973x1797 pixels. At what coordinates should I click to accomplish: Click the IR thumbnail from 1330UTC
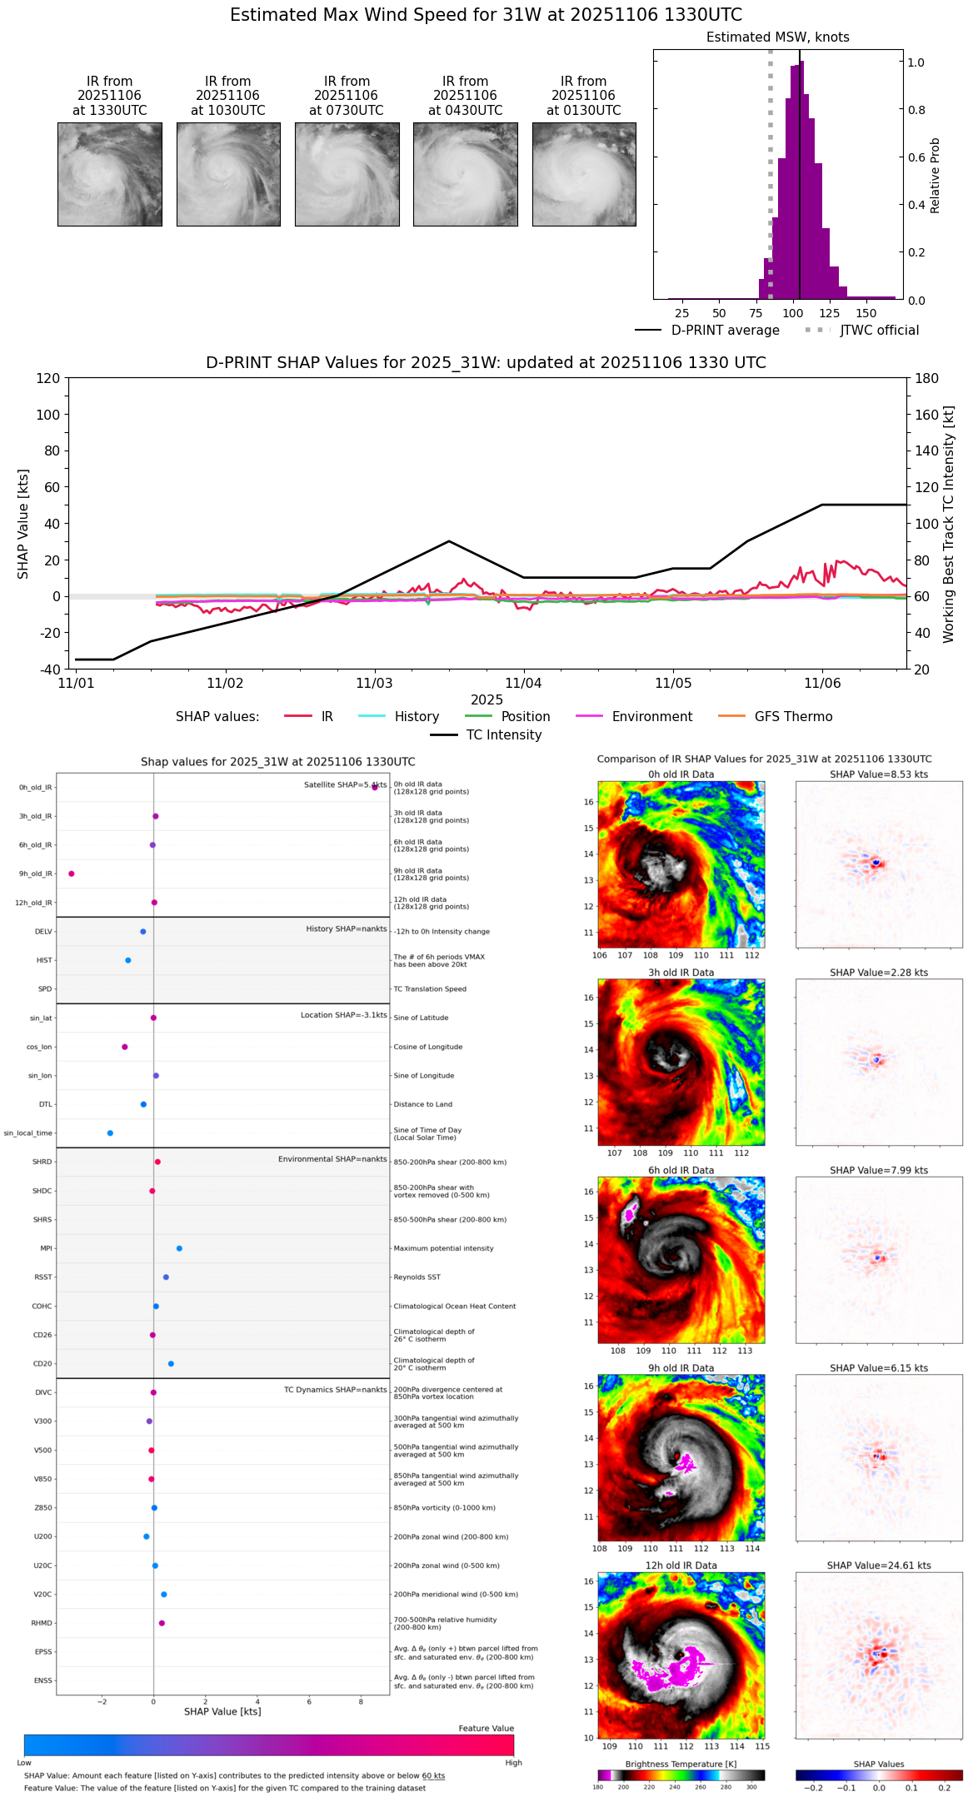110,174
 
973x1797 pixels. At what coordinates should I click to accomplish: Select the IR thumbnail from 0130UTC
584,174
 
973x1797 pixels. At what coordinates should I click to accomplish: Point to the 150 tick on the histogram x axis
866,313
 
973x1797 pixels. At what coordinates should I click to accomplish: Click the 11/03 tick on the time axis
374,684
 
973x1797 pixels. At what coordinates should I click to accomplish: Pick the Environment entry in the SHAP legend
651,717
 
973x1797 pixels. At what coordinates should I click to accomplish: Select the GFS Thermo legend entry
793,717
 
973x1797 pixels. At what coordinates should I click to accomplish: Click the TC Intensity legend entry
503,735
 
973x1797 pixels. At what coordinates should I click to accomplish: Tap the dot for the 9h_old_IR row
72,874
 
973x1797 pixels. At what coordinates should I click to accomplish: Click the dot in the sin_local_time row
110,1133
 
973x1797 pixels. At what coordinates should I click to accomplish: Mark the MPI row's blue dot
179,1248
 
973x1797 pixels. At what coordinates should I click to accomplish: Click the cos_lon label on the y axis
39,1047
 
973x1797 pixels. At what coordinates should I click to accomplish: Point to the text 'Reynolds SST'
417,1277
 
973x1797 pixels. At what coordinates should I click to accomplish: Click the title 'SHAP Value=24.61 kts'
879,1566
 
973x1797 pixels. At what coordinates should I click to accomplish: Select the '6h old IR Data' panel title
681,1170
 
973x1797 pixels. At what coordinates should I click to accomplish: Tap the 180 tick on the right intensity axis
927,378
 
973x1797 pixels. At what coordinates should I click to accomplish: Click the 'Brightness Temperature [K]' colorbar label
681,1764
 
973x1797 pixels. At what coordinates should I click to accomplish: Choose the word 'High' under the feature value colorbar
513,1763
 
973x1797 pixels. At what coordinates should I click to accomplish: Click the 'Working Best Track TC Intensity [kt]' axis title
948,525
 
